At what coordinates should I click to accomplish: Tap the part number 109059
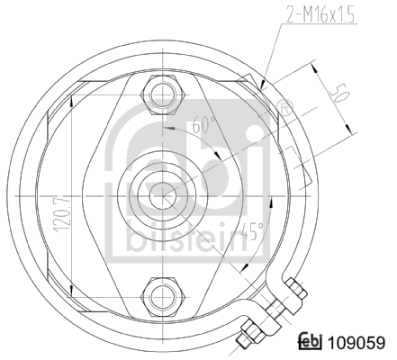(358, 343)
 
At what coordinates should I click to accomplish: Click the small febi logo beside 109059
(311, 343)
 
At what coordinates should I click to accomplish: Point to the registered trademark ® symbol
(285, 111)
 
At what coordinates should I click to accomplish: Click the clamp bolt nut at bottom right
(294, 288)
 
